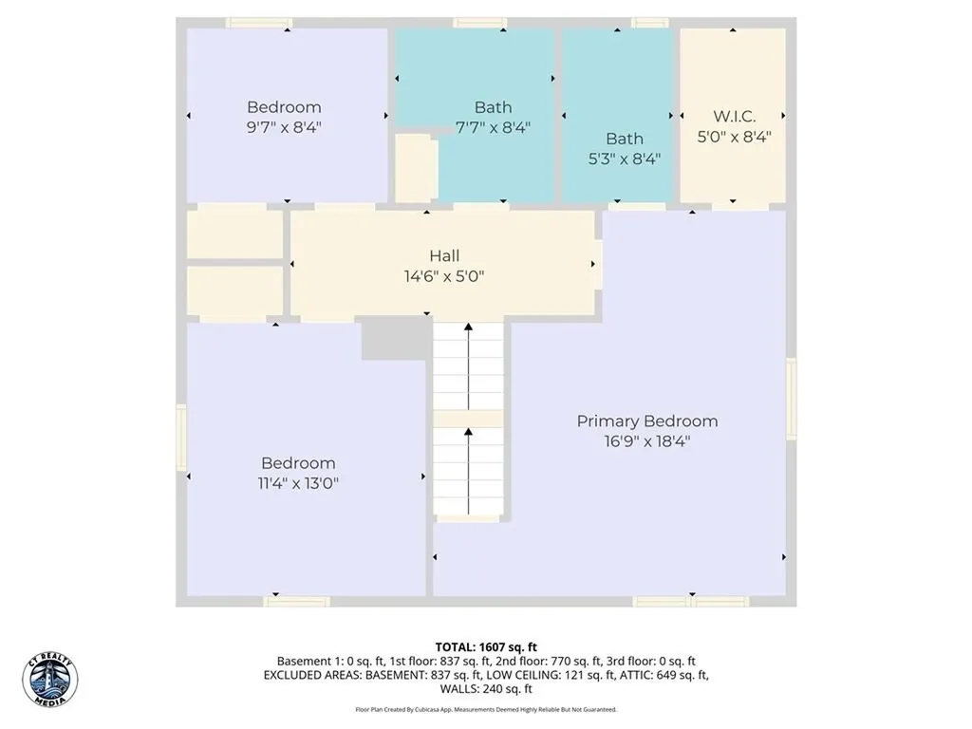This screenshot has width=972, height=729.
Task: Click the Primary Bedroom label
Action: pyautogui.click(x=647, y=421)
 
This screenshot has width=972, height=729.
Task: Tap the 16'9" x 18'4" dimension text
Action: pyautogui.click(x=647, y=441)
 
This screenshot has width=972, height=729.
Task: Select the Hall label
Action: pyautogui.click(x=444, y=255)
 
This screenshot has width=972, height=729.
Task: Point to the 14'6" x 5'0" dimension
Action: pyautogui.click(x=444, y=276)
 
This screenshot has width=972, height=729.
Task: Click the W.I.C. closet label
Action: pyautogui.click(x=734, y=116)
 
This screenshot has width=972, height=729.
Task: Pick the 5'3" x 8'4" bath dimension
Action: pyautogui.click(x=624, y=159)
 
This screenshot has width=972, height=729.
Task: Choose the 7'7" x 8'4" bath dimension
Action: pyautogui.click(x=493, y=127)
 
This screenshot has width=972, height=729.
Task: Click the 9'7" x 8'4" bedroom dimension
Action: pyautogui.click(x=284, y=127)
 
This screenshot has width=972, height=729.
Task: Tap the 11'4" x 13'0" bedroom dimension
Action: pyautogui.click(x=298, y=483)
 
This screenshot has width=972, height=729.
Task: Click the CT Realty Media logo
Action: pyautogui.click(x=49, y=680)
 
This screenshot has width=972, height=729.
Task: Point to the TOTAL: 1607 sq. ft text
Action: pyautogui.click(x=486, y=646)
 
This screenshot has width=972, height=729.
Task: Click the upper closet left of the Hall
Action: pyautogui.click(x=234, y=234)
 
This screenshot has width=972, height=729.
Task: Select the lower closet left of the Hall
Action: pyautogui.click(x=234, y=290)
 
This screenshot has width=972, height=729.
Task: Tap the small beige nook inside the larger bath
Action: pyautogui.click(x=414, y=167)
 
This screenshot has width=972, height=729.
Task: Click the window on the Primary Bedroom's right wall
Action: pyautogui.click(x=791, y=385)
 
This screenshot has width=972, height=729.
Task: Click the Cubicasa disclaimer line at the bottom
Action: pyautogui.click(x=486, y=709)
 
